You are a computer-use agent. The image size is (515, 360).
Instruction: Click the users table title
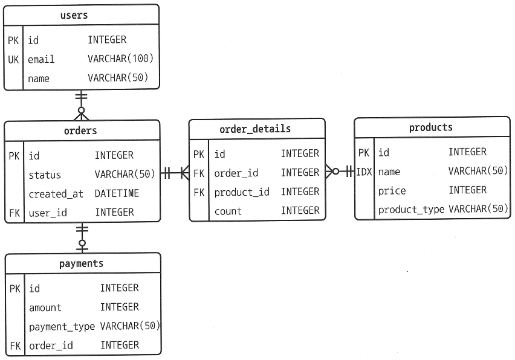coord(74,15)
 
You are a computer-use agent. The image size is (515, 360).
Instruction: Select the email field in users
coord(41,59)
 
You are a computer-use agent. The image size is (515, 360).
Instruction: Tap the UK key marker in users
coord(14,59)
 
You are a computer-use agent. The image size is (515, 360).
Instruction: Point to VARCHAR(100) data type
coord(121,59)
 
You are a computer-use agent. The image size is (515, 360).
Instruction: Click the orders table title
coord(80,130)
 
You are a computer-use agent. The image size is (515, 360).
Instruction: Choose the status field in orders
coord(45,175)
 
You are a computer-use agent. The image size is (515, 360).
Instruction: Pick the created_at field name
coord(56,194)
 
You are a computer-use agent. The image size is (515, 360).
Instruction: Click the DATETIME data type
coord(117,193)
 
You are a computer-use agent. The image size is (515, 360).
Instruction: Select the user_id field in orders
coord(48,213)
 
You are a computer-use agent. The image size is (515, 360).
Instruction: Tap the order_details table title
coord(255,129)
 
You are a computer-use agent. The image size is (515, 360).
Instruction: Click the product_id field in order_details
coord(242,191)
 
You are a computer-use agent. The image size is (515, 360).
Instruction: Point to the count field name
coord(228,211)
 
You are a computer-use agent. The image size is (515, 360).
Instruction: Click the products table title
coord(430,127)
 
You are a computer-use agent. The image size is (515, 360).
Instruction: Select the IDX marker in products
coord(364,172)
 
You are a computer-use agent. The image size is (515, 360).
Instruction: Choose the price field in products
coord(392,191)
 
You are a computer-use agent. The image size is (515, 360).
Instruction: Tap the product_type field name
coord(411,210)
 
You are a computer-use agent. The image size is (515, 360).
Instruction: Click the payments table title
coord(81,263)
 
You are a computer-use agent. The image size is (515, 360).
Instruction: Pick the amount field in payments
coord(45,307)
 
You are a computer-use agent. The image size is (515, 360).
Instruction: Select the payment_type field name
coord(62,326)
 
